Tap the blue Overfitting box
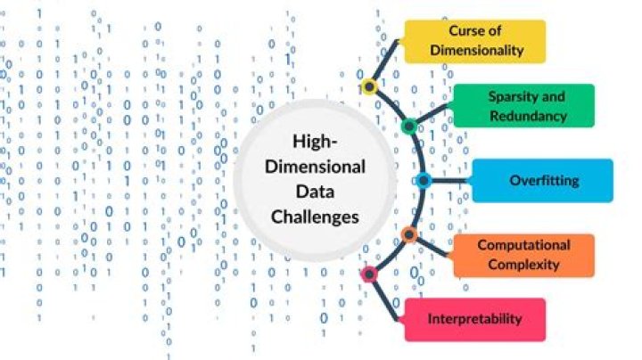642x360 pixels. pos(543,180)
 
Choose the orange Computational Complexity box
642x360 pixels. pos(523,255)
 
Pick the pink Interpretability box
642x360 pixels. pos(474,319)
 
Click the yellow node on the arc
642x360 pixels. pos(369,86)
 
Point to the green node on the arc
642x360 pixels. pos(409,127)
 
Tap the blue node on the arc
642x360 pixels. pos(424,180)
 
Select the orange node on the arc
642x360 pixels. pos(408,235)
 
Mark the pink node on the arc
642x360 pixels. pos(368,274)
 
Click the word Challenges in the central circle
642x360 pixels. pos(317,216)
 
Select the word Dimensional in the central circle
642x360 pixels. pos(317,166)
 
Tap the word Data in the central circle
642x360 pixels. pos(317,191)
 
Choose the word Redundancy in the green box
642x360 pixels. pos(527,116)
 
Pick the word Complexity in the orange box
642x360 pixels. pos(523,265)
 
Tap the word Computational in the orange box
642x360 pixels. pos(523,245)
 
